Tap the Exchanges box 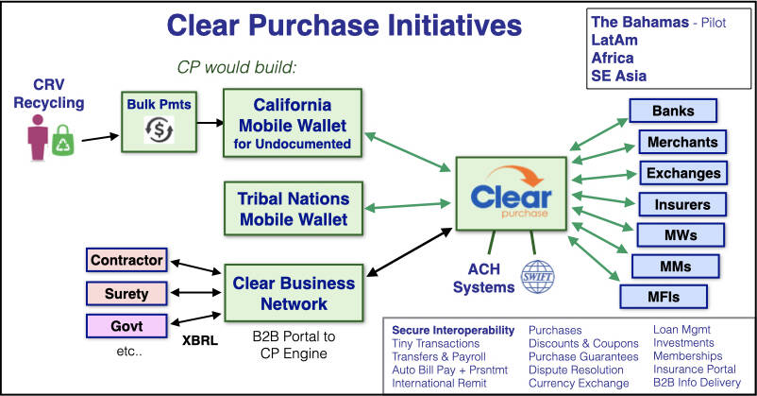click(684, 173)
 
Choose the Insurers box click(682, 203)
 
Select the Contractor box click(126, 259)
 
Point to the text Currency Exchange click(579, 383)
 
